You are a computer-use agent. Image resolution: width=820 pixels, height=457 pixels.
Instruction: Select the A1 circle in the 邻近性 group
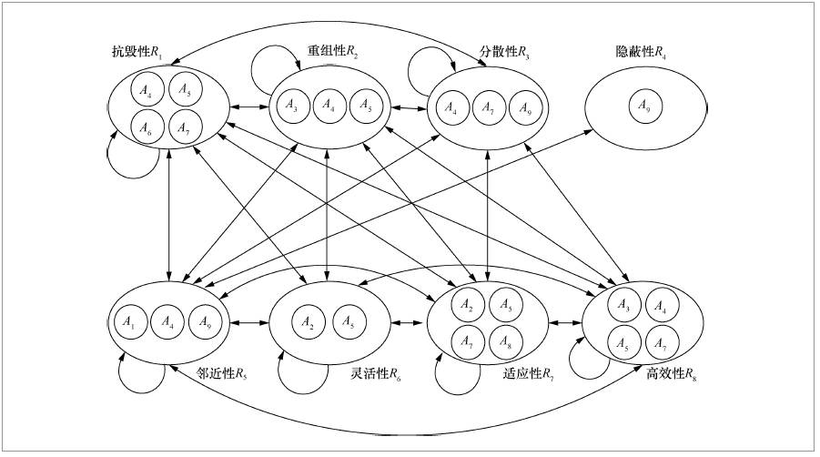127,321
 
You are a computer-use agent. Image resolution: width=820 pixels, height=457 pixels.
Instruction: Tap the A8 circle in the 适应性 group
505,340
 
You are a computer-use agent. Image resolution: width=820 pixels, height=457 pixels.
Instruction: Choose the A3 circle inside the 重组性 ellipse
291,105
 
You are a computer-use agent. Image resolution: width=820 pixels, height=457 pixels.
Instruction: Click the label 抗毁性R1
137,55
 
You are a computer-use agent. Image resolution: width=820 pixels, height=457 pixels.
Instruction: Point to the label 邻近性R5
222,372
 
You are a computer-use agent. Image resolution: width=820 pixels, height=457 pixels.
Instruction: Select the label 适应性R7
528,372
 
